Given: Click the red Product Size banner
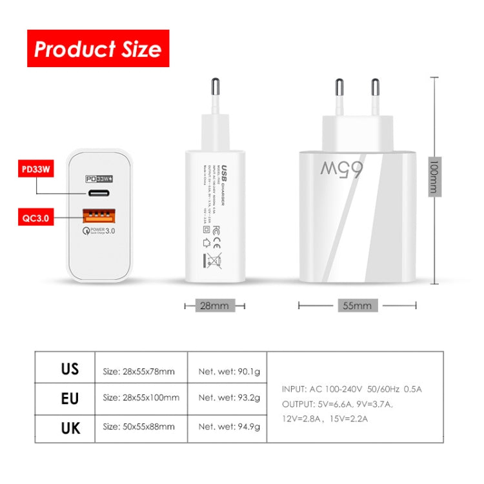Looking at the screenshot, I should click(x=97, y=48).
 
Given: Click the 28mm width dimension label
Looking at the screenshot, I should click(x=214, y=305).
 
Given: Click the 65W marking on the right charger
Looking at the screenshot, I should click(x=341, y=169).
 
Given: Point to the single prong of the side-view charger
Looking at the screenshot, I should click(x=214, y=94).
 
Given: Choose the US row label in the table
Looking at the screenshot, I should click(x=70, y=369).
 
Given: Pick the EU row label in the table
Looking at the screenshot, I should click(x=70, y=398).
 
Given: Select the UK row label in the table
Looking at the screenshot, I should click(x=70, y=427).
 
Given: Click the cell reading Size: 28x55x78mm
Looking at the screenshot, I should click(x=139, y=371).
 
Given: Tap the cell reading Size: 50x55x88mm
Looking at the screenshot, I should click(x=139, y=427).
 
